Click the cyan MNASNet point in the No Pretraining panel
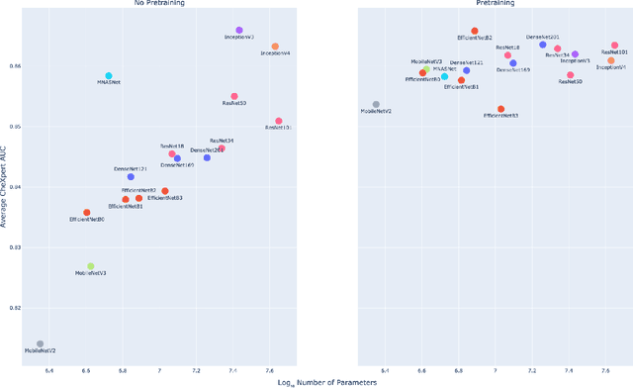click(x=109, y=76)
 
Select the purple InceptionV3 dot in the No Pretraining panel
click(x=239, y=32)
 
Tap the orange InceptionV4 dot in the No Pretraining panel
click(x=275, y=47)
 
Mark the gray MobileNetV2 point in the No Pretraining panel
click(x=40, y=344)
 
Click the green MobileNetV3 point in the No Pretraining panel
click(x=91, y=266)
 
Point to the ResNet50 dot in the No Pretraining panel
click(x=234, y=97)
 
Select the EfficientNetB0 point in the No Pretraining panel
click(x=87, y=213)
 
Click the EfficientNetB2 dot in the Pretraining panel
click(x=475, y=32)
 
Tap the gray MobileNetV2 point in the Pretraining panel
click(x=376, y=104)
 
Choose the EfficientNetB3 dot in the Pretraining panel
click(x=500, y=109)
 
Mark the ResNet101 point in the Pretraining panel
click(x=614, y=46)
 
